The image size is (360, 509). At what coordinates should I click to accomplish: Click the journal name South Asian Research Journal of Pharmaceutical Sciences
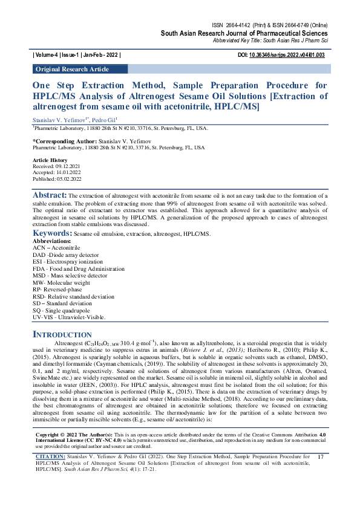coord(244,33)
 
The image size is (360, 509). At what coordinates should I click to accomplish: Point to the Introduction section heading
coord(62,334)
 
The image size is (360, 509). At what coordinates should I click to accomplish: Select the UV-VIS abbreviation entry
coord(68,317)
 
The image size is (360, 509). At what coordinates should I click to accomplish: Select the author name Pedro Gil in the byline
coord(104,120)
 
